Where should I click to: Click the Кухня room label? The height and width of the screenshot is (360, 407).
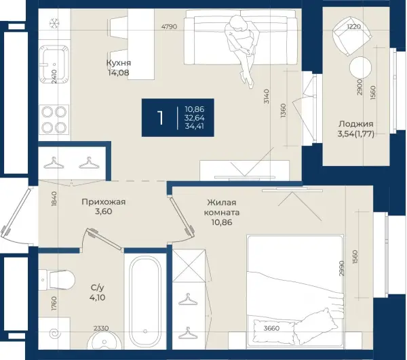[x=119, y=63]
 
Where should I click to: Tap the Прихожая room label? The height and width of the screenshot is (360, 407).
[x=104, y=202]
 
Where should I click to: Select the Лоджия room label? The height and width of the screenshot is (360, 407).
[x=356, y=124]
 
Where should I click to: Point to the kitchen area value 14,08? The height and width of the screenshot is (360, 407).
[x=119, y=73]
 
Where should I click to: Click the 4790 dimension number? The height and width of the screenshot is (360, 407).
[x=169, y=26]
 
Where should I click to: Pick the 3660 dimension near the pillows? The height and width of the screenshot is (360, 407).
[x=271, y=328]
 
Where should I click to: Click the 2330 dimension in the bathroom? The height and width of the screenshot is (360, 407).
[x=101, y=328]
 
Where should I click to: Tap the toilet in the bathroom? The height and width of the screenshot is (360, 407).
[x=57, y=280]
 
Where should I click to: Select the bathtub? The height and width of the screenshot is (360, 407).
[x=145, y=302]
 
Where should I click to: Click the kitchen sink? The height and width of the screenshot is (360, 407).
[x=54, y=64]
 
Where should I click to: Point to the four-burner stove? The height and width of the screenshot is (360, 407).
[x=54, y=119]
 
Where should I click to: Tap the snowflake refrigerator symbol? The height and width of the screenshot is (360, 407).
[x=54, y=24]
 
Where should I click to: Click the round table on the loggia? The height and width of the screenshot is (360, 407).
[x=361, y=68]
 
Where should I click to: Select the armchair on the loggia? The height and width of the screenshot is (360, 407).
[x=351, y=35]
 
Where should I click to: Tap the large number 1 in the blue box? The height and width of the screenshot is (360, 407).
[x=161, y=118]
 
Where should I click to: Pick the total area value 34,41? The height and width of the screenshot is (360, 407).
[x=195, y=126]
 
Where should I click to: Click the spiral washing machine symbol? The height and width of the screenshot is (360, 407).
[x=54, y=334]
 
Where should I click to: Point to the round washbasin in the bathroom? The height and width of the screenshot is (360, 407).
[x=104, y=341]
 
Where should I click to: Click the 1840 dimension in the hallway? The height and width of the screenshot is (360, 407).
[x=54, y=199]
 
